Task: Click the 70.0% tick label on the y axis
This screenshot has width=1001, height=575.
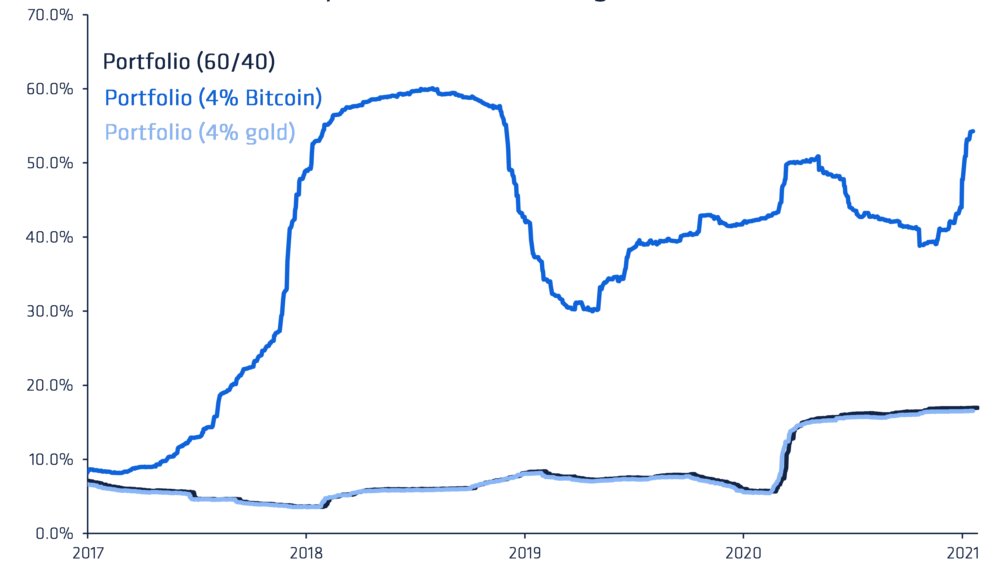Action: (50, 15)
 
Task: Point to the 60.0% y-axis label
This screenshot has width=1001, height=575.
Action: (50, 89)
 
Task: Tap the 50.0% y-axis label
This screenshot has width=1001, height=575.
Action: (50, 163)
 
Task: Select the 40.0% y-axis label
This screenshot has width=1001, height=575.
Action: (50, 237)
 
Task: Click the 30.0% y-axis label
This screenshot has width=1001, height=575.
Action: (50, 311)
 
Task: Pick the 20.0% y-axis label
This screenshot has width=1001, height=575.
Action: (50, 386)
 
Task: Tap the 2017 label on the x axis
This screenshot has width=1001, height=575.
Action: (88, 554)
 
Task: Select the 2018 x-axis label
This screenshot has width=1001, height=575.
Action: (306, 554)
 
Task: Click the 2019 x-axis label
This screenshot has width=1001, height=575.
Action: (525, 554)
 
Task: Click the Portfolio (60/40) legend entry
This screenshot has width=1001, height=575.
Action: (189, 62)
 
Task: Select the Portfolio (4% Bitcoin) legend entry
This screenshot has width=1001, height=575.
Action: (213, 98)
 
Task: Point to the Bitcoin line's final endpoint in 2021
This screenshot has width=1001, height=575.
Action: (973, 131)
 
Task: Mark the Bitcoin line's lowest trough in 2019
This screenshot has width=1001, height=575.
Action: (592, 311)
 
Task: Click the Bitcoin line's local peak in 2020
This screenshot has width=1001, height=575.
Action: (818, 157)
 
